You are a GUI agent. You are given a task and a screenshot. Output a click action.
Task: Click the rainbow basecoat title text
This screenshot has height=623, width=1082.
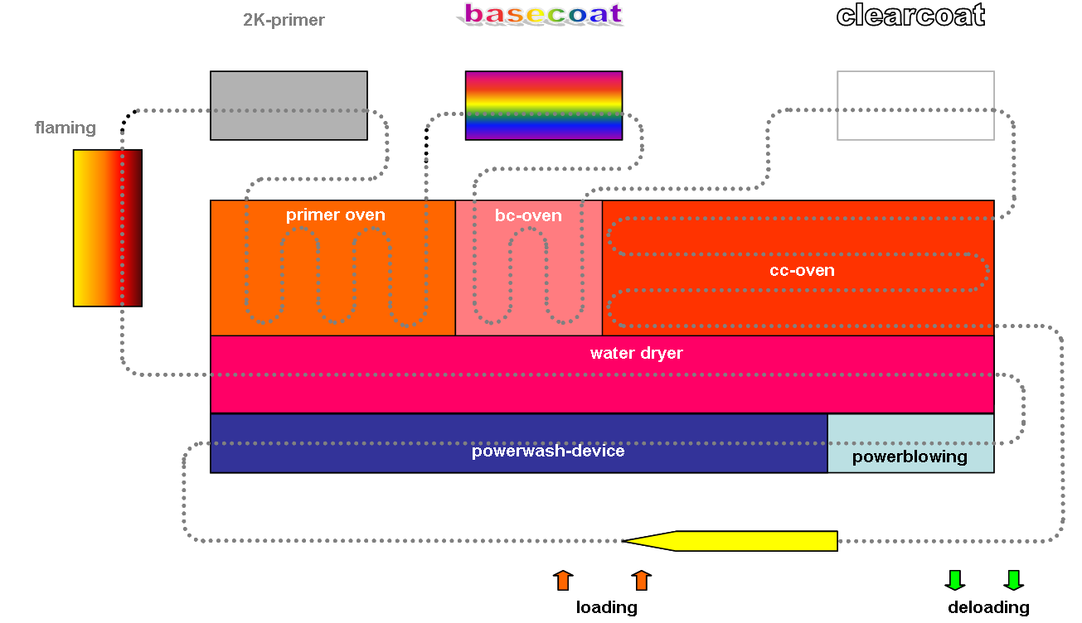click(543, 14)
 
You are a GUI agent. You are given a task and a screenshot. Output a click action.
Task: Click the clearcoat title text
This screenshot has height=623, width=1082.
click(910, 15)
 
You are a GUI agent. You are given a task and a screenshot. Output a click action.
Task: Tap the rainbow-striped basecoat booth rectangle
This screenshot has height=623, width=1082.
click(543, 105)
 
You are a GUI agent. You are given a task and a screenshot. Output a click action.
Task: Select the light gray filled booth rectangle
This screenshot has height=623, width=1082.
click(289, 105)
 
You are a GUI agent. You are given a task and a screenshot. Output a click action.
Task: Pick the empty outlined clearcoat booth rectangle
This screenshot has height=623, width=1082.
click(915, 105)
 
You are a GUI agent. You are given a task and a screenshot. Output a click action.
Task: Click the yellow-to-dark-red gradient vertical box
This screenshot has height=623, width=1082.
click(107, 228)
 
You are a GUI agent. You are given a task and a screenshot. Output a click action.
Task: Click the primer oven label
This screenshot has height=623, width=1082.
click(335, 215)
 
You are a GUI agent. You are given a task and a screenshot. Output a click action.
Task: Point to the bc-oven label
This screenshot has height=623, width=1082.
click(528, 216)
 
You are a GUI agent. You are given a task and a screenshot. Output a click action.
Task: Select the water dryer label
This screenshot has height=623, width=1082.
click(636, 354)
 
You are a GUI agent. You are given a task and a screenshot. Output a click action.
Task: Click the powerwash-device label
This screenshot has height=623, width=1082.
click(548, 452)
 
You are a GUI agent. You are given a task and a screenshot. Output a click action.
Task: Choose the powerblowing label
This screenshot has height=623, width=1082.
click(910, 457)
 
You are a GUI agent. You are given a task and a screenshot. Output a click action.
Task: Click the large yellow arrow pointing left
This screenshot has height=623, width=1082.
click(730, 541)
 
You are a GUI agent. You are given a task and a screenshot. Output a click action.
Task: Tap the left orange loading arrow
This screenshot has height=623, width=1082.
click(563, 580)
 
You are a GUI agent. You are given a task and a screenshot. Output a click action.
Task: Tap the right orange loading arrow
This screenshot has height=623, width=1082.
click(641, 580)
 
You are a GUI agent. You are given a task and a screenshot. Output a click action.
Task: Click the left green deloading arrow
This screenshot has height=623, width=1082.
click(954, 580)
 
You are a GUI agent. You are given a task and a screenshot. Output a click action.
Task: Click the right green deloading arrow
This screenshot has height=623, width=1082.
click(1013, 580)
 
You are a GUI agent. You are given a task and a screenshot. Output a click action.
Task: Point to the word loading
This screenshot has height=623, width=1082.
click(606, 607)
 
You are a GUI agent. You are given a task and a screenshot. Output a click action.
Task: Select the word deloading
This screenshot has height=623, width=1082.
click(988, 607)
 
